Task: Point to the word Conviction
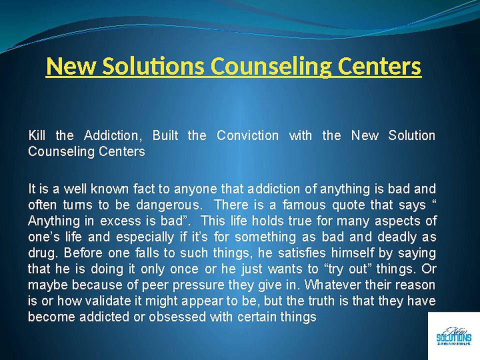247,135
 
